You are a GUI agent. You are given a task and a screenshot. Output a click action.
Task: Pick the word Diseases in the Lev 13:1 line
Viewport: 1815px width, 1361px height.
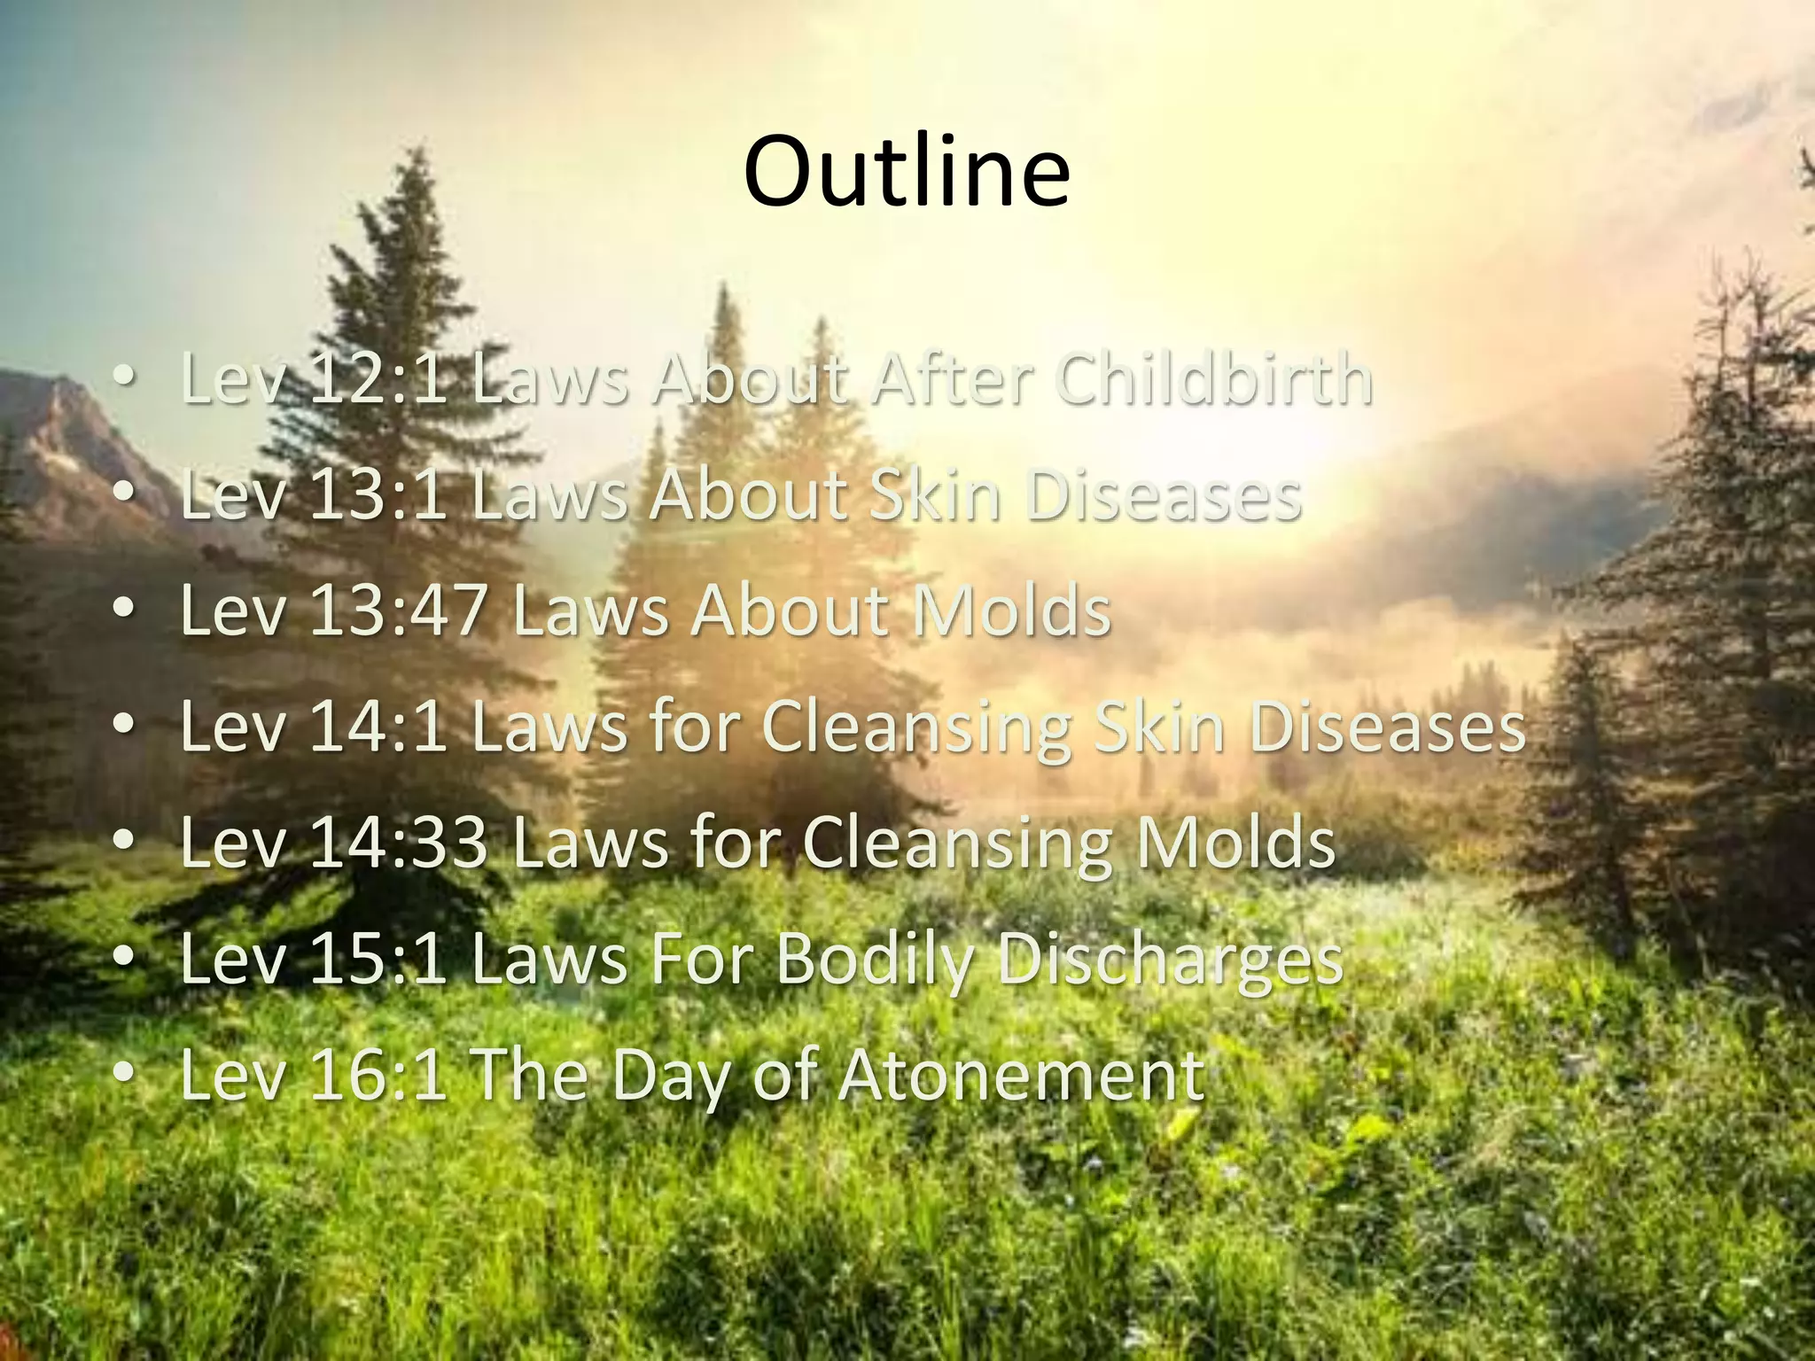(1164, 495)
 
